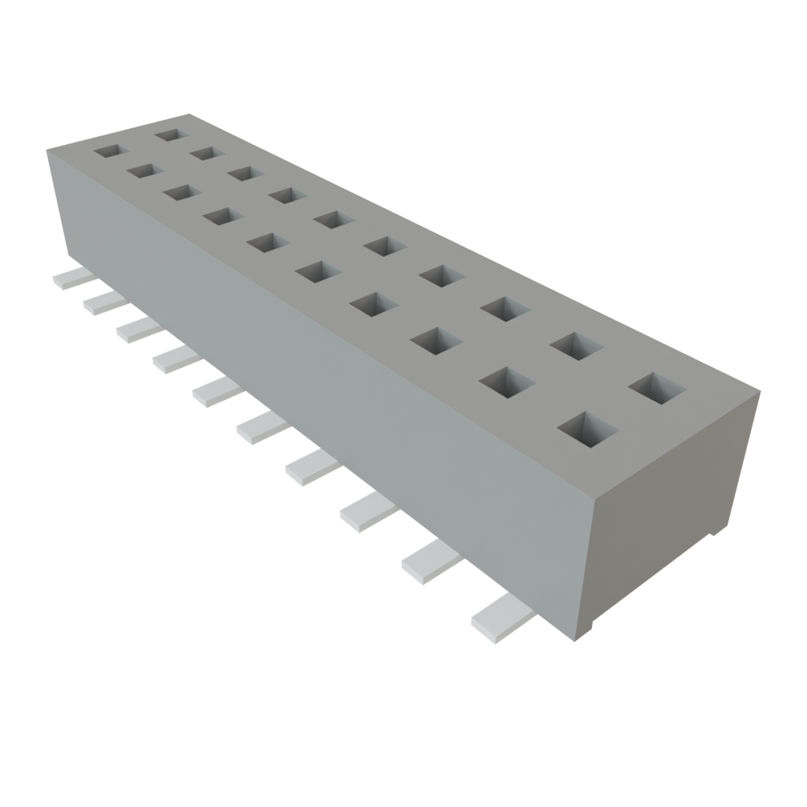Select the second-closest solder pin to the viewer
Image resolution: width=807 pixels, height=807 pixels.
click(430, 563)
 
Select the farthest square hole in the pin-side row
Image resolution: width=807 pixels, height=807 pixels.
click(110, 150)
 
